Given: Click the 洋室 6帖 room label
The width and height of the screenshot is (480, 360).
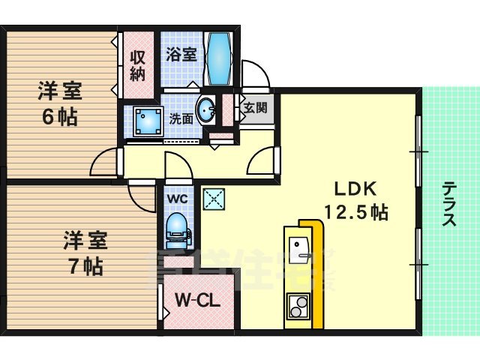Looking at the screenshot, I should click(61, 105).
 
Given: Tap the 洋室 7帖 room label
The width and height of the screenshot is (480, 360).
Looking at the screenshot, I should click(83, 253).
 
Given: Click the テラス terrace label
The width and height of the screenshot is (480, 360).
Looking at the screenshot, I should click(449, 203).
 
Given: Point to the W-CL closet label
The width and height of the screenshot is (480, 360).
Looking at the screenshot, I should click(197, 301).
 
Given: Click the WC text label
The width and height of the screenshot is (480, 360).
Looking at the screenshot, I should click(177, 199).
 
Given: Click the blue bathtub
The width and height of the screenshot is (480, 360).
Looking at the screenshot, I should click(220, 59).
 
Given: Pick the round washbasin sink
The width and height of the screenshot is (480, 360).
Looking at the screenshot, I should click(205, 111).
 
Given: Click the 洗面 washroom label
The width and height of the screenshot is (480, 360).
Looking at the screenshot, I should click(181, 118).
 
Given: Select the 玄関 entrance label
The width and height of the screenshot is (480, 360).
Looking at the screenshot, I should click(249, 108).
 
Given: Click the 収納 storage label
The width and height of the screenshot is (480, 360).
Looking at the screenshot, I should click(137, 65).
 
